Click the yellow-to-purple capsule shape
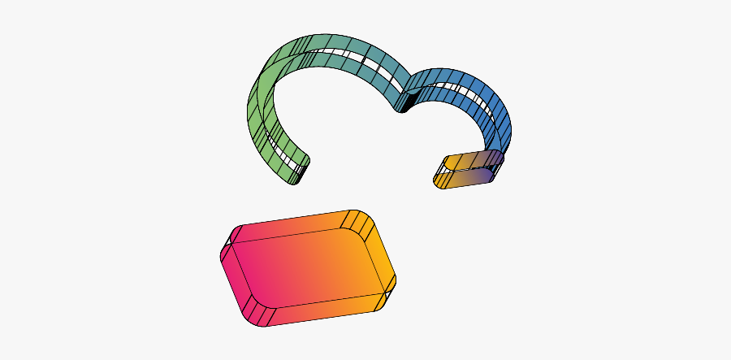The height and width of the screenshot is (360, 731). [466, 169]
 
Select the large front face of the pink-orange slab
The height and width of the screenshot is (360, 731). [309, 271]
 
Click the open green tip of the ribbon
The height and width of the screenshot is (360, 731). [297, 171]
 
